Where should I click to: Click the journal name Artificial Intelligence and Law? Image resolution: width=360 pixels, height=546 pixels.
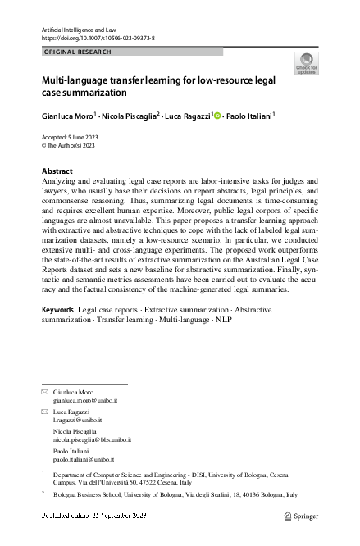pos(76,29)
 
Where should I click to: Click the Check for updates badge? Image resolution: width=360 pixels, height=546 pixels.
pos(306,64)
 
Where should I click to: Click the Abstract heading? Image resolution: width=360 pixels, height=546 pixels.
pos(57,171)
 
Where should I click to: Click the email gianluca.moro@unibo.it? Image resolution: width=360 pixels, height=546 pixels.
pos(83,399)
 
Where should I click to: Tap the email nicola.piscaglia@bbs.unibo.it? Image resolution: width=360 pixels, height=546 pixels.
pos(92,439)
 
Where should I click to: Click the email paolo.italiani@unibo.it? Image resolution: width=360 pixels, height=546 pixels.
pos(84,460)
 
